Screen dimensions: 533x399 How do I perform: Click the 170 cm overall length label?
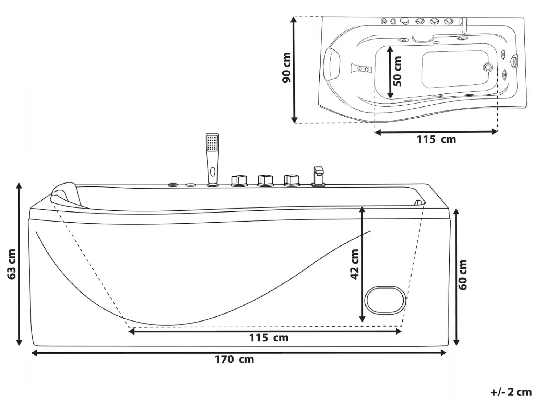click(234, 359)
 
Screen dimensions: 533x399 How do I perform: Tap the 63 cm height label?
click(12, 264)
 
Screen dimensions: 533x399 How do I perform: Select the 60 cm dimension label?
click(463, 275)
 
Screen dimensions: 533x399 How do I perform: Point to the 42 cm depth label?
click(354, 264)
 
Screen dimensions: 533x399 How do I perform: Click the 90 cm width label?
click(286, 67)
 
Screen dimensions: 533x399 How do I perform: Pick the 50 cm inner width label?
click(397, 71)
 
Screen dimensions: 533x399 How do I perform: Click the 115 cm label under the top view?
click(436, 139)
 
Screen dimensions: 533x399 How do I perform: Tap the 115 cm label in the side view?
click(269, 338)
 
